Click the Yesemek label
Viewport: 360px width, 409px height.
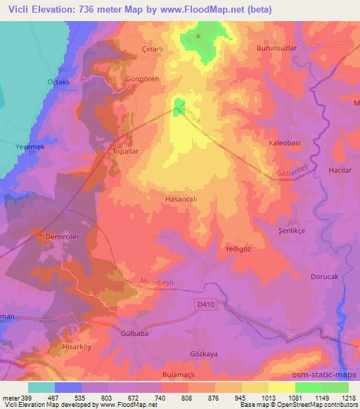click(x=30, y=147)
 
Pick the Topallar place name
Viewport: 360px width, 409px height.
click(x=127, y=150)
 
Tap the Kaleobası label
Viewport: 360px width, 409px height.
click(x=285, y=143)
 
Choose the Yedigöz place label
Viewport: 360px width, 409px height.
click(x=237, y=249)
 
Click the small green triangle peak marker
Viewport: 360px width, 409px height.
click(x=198, y=36)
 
